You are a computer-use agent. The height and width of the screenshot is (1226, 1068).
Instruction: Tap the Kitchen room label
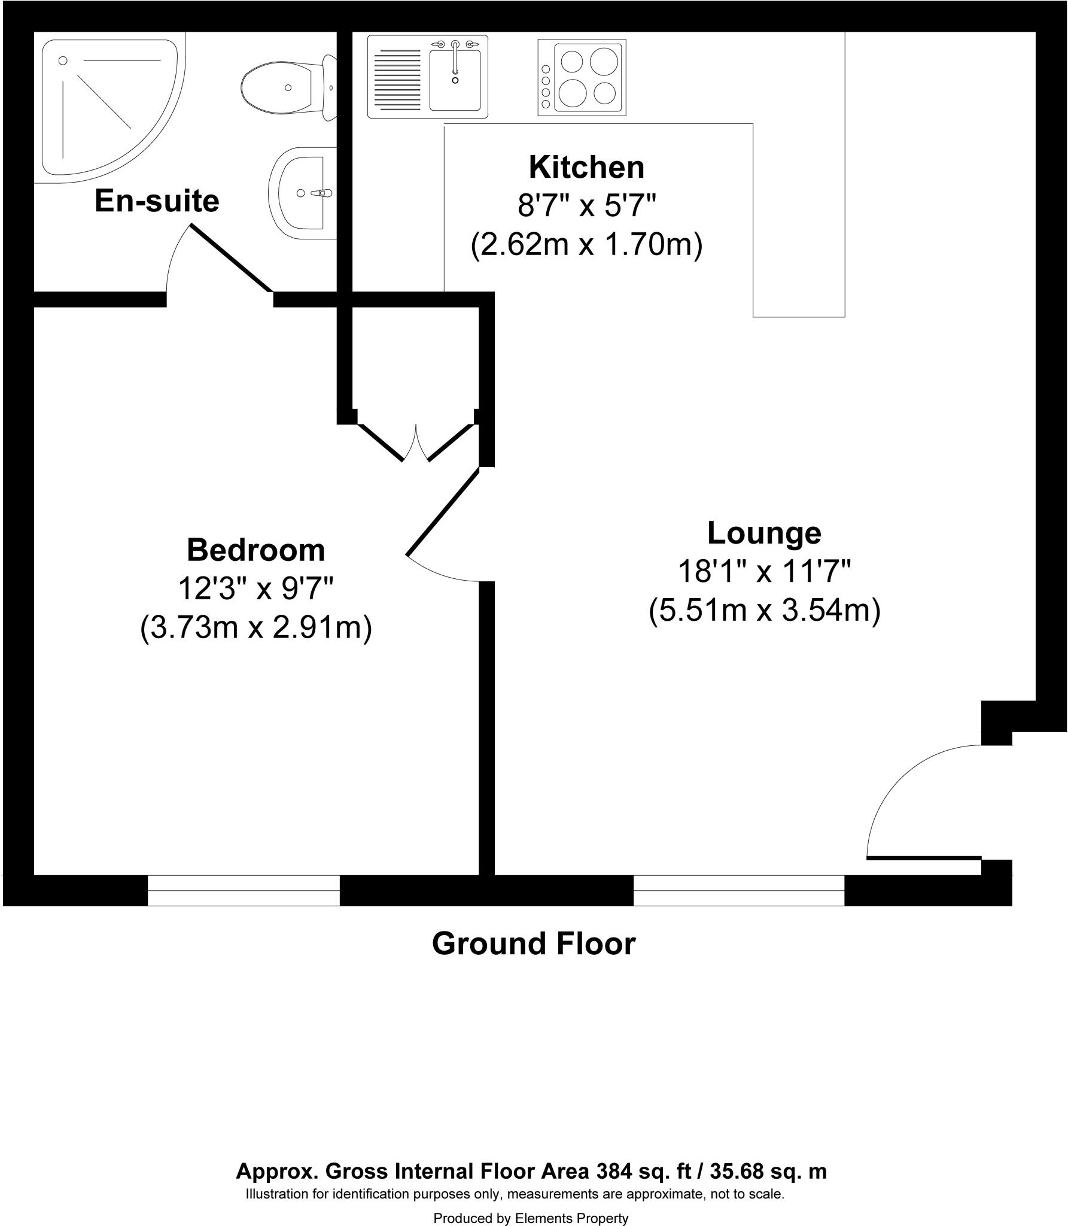coord(586,168)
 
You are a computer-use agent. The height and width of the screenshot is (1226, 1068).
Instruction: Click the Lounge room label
coord(764,533)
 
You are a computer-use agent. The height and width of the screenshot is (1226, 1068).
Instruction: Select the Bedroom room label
coord(255,550)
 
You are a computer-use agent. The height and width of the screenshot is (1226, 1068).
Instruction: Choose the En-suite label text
coord(157,201)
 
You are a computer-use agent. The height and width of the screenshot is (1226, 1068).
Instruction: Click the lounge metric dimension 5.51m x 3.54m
coord(764,611)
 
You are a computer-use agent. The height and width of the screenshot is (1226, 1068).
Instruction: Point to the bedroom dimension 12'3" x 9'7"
coord(255,589)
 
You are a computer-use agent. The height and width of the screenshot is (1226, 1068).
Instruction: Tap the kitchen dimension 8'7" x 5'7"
coord(586,207)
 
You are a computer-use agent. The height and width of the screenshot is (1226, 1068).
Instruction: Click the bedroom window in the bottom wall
coord(244,890)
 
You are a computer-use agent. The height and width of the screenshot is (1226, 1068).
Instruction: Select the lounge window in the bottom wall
coord(738,890)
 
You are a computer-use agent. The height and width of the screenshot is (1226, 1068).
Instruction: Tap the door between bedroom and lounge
coord(443,512)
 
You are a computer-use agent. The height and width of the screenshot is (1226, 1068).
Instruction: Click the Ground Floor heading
coord(533,943)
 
